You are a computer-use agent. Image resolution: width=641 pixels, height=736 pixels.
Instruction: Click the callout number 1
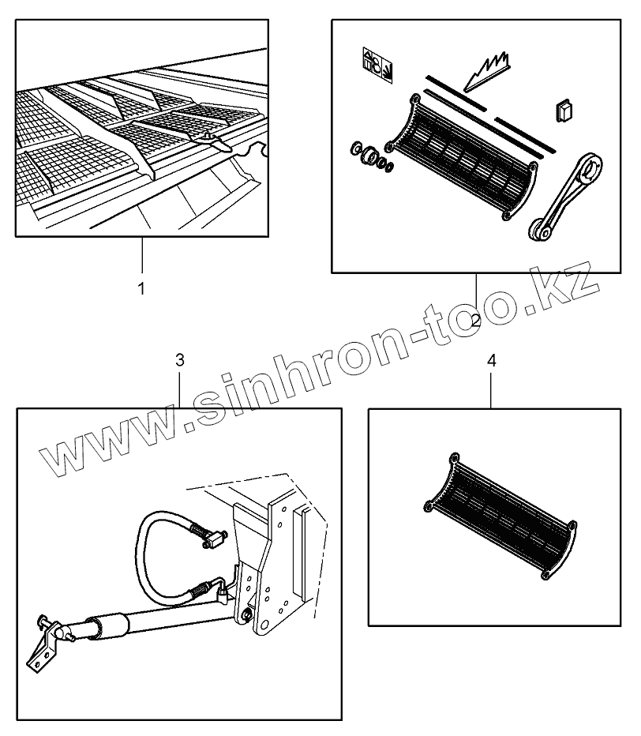tap(142, 289)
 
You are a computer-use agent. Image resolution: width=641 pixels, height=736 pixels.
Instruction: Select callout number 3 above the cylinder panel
tap(180, 360)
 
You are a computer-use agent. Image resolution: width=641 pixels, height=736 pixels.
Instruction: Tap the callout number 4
tap(492, 360)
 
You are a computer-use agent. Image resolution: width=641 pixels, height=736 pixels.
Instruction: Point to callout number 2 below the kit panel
tap(476, 320)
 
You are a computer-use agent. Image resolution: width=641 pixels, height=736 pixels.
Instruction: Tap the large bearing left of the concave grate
tap(368, 156)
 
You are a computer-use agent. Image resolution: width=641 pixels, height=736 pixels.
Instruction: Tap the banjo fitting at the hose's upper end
tap(213, 540)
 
